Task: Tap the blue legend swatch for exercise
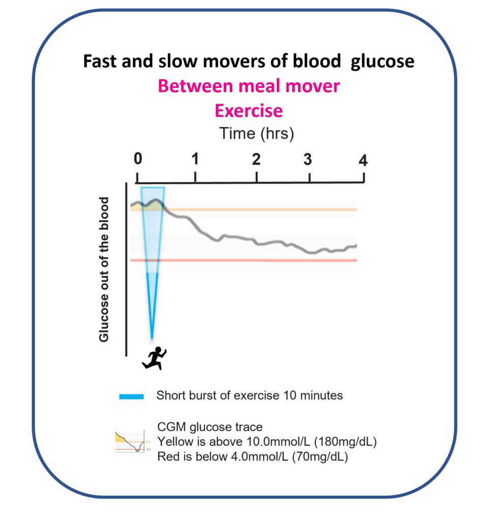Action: [x=132, y=396]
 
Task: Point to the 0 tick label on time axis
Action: [x=138, y=158]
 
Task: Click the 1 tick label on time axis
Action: [x=195, y=158]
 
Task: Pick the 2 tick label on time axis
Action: [x=256, y=158]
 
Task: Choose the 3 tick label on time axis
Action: [x=308, y=159]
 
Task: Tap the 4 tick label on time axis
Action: [x=362, y=160]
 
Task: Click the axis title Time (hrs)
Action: [x=257, y=133]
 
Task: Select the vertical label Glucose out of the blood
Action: [x=104, y=270]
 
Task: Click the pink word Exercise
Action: [x=248, y=110]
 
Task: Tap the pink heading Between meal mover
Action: [x=248, y=86]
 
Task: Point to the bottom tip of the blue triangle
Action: [x=152, y=337]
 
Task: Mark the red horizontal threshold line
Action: [x=254, y=260]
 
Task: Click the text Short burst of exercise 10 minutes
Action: [x=249, y=395]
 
